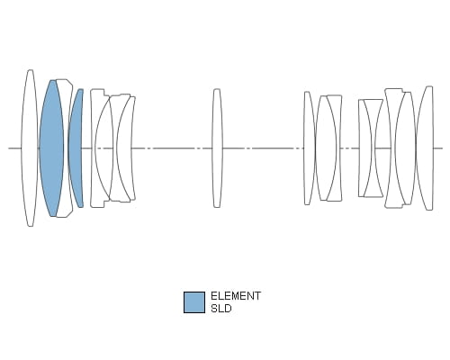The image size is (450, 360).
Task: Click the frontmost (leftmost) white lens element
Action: [30, 148]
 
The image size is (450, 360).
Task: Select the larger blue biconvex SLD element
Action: [51, 148]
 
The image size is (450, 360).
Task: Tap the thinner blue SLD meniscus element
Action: [76, 148]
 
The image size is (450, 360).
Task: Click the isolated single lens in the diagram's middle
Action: [217, 148]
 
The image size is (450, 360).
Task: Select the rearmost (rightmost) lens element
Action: [425, 148]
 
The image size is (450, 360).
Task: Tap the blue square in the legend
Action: [194, 302]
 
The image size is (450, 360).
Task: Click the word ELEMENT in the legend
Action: [236, 296]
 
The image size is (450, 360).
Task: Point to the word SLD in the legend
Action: [221, 309]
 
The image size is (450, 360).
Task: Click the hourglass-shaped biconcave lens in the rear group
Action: [373, 148]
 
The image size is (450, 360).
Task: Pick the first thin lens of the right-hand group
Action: [309, 148]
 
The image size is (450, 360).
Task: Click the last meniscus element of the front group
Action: [124, 148]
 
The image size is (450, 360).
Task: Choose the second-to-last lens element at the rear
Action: [406, 148]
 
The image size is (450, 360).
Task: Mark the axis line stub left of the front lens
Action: [14, 148]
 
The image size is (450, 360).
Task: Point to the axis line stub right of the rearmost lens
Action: [438, 148]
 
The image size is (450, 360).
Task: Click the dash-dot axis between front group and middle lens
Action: [172, 148]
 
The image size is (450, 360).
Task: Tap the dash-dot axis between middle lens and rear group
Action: [263, 148]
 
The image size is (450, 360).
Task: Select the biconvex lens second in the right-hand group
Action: [326, 148]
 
